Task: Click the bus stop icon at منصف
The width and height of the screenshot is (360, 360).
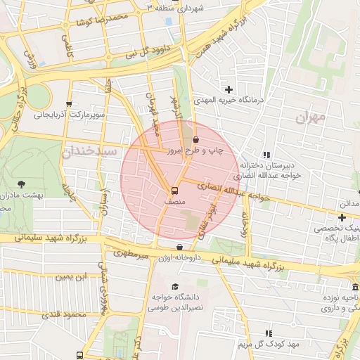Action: pos(174,190)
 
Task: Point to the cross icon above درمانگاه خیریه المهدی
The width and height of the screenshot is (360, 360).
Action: pos(229,89)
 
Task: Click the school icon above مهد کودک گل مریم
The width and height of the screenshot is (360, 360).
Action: pos(268,333)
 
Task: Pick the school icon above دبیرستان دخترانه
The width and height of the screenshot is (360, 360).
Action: pos(266,155)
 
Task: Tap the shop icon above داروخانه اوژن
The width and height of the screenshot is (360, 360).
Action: pos(181,247)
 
